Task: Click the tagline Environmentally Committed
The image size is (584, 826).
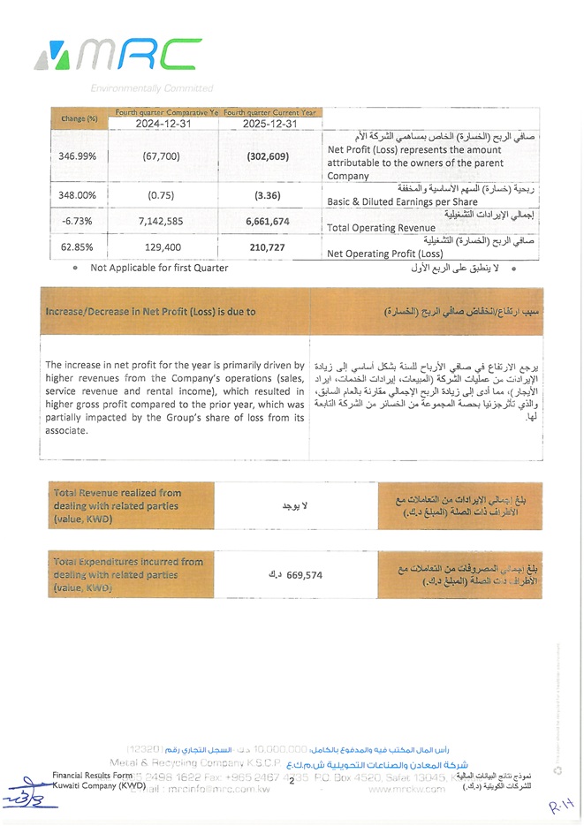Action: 151,88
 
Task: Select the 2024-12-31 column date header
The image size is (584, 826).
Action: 163,124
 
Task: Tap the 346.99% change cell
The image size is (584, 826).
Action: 79,155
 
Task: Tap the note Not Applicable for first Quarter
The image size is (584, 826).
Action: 159,268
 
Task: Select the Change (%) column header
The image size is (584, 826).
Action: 79,117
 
